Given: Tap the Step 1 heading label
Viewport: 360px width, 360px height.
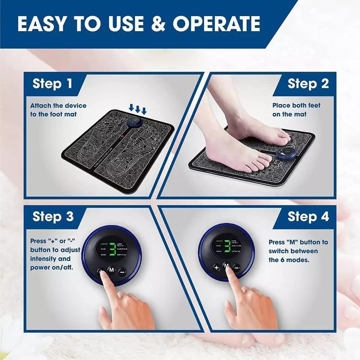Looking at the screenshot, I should click(x=52, y=83).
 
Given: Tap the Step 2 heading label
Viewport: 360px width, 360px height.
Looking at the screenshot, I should click(x=308, y=83).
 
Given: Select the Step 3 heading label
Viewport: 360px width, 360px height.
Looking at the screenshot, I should click(x=52, y=216).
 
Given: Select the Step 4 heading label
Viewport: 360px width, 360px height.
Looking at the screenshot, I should click(x=308, y=216).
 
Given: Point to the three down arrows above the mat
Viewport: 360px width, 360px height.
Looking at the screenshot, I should click(x=138, y=109).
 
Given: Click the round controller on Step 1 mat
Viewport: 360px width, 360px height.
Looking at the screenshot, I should click(x=133, y=122).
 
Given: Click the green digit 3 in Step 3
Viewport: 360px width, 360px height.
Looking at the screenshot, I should click(x=111, y=248).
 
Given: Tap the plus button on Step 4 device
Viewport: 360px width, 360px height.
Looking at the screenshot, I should click(x=216, y=267).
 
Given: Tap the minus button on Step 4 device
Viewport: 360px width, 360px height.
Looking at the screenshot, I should click(x=237, y=267).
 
